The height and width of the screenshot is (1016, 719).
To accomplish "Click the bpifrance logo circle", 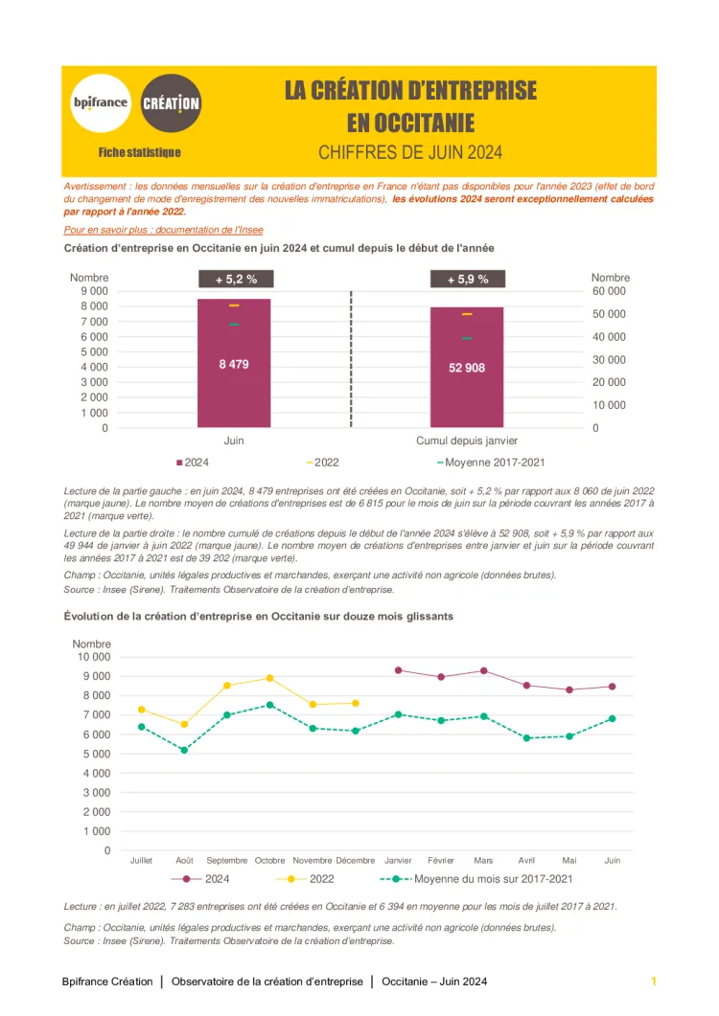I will (100, 102).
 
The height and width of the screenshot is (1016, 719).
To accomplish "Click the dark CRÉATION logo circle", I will (171, 102).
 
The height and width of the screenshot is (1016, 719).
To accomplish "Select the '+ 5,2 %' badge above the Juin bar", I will (235, 280).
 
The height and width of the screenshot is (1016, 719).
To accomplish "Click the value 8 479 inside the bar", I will (234, 364).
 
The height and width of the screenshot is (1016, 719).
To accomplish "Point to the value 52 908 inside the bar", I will (467, 367).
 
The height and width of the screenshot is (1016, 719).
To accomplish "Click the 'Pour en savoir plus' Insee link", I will (163, 230).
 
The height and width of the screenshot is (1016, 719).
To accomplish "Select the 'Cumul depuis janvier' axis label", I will (467, 440).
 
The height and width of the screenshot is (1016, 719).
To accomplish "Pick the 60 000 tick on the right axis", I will (609, 291).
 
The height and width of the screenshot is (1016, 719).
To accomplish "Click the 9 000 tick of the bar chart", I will (93, 291).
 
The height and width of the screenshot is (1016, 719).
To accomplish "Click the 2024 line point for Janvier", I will (398, 670).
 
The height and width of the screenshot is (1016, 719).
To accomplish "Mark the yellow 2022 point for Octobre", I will (270, 678).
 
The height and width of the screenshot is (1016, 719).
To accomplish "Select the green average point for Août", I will (184, 750).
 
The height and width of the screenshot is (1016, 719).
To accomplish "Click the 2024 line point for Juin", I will (612, 687).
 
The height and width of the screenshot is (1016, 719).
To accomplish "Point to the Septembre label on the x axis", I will (227, 861).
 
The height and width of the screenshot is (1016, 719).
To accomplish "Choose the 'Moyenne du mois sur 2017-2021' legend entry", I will (493, 879).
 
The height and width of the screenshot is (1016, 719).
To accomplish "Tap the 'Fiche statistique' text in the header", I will (139, 152).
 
